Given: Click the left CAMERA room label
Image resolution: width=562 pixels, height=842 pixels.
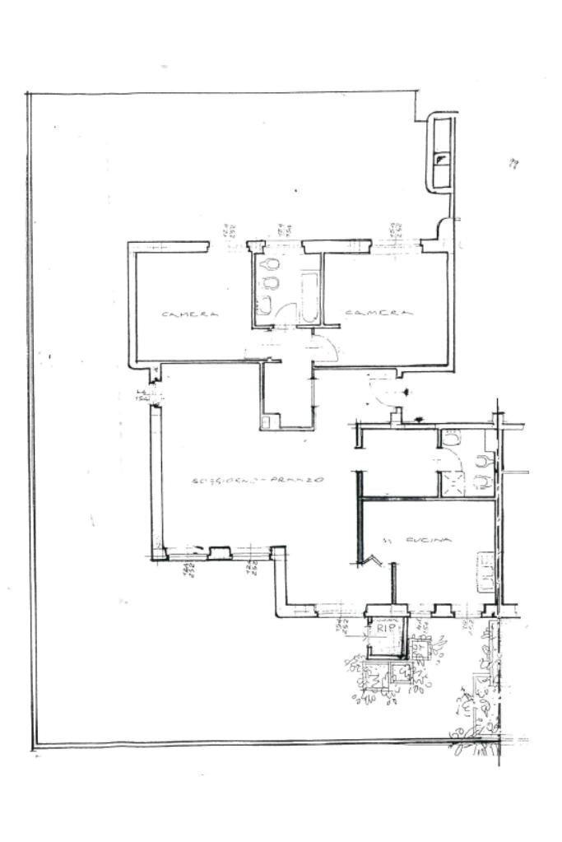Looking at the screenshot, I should point(190,314).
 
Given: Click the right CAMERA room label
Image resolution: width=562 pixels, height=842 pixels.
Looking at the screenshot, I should point(378,313).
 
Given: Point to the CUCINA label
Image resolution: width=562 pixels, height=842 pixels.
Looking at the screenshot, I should point(429,540).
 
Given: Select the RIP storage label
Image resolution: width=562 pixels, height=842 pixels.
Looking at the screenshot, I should point(386,628).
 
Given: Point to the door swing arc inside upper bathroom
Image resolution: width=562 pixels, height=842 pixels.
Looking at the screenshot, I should point(286,314).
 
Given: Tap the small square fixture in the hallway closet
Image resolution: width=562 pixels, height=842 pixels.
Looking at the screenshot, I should point(266,422).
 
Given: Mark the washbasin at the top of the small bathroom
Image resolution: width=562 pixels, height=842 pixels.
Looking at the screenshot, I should point(451,438).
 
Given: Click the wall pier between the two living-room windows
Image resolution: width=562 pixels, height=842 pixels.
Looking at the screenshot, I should point(219,553).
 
